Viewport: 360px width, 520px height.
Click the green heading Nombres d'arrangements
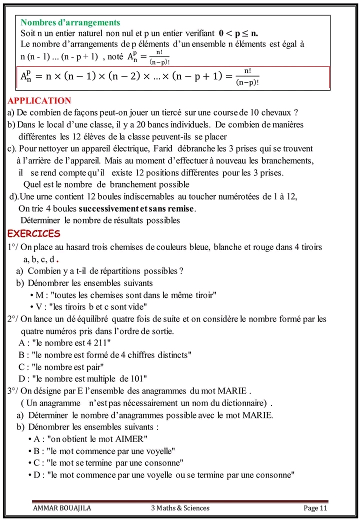[70, 22]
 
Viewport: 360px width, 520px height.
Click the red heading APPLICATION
[39, 101]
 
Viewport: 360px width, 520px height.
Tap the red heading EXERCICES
[33, 233]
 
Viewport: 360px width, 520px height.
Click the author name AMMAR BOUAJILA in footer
[62, 508]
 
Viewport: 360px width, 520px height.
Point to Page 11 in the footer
[315, 508]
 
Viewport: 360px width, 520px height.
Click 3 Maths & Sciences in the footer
[180, 508]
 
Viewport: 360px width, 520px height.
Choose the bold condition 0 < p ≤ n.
[238, 33]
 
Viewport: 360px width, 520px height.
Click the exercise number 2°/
[13, 319]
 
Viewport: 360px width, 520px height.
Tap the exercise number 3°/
[13, 390]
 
